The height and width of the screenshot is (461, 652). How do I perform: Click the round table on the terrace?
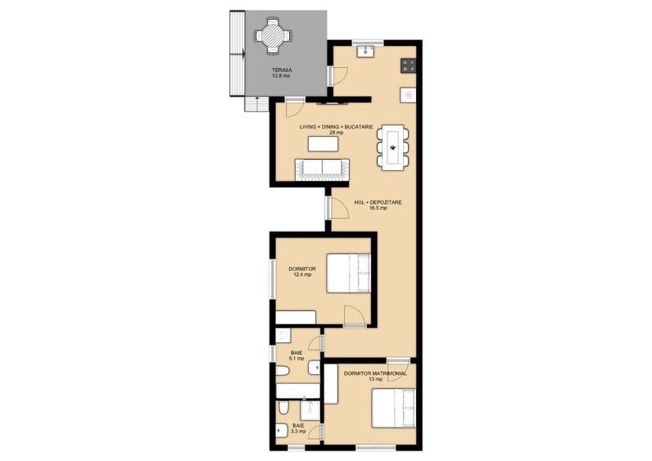pyautogui.click(x=273, y=36)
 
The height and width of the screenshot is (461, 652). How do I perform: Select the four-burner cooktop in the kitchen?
pyautogui.click(x=409, y=66)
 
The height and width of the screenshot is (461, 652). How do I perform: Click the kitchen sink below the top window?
pyautogui.click(x=366, y=52)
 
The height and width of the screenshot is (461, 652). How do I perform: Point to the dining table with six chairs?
pyautogui.click(x=393, y=147)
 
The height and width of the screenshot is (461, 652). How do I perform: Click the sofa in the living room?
pyautogui.click(x=322, y=169)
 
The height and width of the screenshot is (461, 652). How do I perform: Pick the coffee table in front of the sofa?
pyautogui.click(x=323, y=144)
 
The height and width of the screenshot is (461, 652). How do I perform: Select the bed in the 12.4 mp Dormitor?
pyautogui.click(x=348, y=273)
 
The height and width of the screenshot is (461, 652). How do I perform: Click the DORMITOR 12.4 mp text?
pyautogui.click(x=302, y=272)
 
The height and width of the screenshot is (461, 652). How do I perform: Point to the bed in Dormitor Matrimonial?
pyautogui.click(x=394, y=409)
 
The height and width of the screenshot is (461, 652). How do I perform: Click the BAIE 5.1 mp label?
pyautogui.click(x=297, y=355)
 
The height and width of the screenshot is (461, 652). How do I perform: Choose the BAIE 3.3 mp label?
pyautogui.click(x=298, y=428)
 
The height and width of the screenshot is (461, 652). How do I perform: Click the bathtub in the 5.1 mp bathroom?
pyautogui.click(x=298, y=391)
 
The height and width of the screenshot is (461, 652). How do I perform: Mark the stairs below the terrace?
pyautogui.click(x=256, y=103)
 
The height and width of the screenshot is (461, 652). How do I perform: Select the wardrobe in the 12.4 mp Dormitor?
pyautogui.click(x=296, y=317)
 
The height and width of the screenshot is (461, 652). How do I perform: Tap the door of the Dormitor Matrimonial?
pyautogui.click(x=398, y=368)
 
